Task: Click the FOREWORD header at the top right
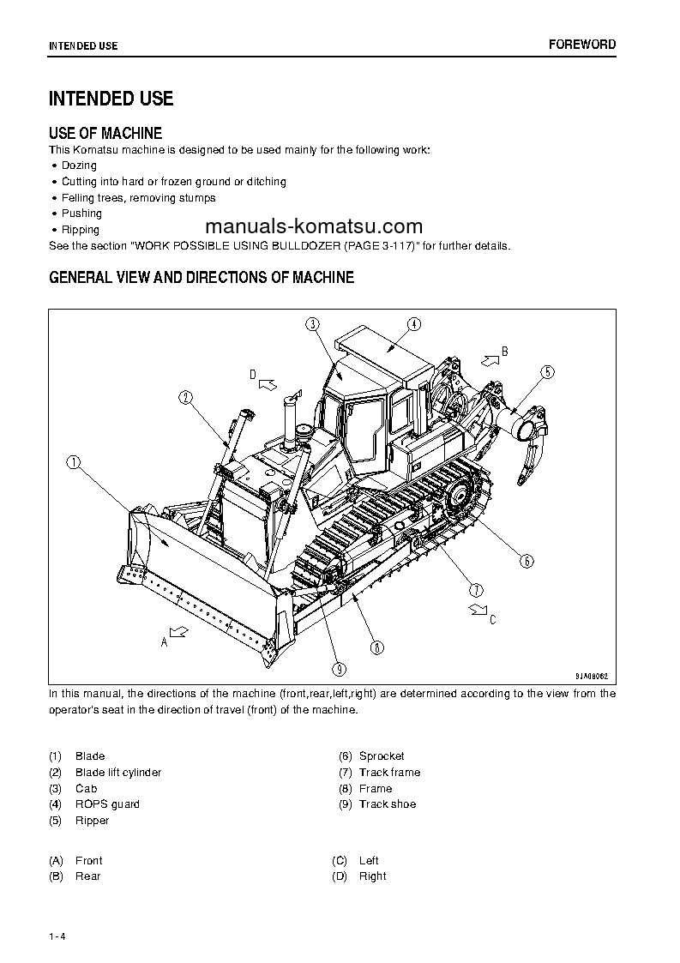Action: point(581,45)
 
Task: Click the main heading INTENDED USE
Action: point(111,99)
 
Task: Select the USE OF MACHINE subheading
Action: point(105,133)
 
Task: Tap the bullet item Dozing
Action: point(79,166)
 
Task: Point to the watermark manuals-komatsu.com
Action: point(315,226)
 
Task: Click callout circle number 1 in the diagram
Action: point(75,462)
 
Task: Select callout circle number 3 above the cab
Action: point(312,323)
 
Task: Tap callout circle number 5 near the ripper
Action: point(547,371)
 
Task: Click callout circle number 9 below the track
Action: point(340,669)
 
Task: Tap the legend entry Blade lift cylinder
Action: point(118,773)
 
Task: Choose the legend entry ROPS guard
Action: point(107,804)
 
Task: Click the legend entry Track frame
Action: point(389,773)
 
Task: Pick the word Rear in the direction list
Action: point(88,876)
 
